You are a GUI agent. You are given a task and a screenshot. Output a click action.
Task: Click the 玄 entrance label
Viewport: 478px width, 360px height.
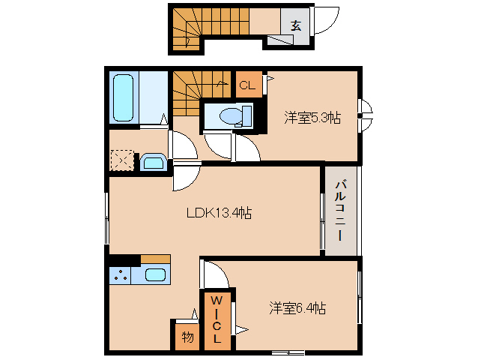click(295, 25)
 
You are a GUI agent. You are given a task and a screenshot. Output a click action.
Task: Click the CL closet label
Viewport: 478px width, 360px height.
click(247, 85)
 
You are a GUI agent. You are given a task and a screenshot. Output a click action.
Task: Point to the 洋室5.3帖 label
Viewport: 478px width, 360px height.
click(312, 118)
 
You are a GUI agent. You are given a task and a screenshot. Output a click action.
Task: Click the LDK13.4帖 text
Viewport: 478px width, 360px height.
click(218, 212)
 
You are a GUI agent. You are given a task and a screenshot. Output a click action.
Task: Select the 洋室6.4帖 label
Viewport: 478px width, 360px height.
click(297, 307)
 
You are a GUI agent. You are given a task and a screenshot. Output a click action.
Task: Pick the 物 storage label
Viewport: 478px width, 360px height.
click(187, 337)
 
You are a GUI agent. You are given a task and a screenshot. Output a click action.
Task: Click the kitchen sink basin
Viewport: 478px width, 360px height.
click(155, 274)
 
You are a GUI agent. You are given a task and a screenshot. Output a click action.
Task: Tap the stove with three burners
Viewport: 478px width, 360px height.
click(121, 275)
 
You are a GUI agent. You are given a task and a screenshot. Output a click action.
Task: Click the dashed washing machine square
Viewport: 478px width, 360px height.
click(121, 161)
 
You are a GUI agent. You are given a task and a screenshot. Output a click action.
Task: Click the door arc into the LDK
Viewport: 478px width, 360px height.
click(187, 178)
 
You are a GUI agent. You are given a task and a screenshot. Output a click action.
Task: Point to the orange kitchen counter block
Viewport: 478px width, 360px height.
click(155, 259)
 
